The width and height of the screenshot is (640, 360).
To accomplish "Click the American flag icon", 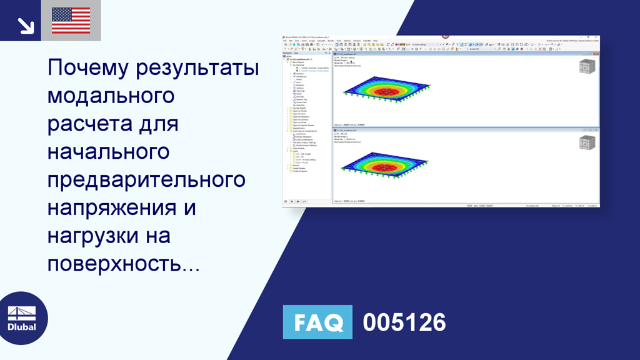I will click(x=71, y=21).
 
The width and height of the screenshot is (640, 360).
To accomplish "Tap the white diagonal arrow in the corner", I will click(x=26, y=25).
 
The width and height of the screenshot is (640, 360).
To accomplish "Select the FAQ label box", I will click(x=317, y=322).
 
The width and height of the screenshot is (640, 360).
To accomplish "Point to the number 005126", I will click(x=404, y=322).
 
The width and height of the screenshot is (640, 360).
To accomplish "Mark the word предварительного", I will click(x=146, y=180).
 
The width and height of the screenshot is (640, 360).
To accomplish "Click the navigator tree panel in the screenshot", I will click(x=307, y=125).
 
